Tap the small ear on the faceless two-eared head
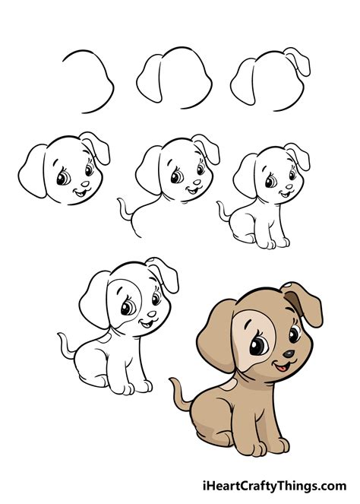pyautogui.click(x=297, y=61)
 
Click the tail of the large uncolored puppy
pyautogui.click(x=67, y=346)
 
